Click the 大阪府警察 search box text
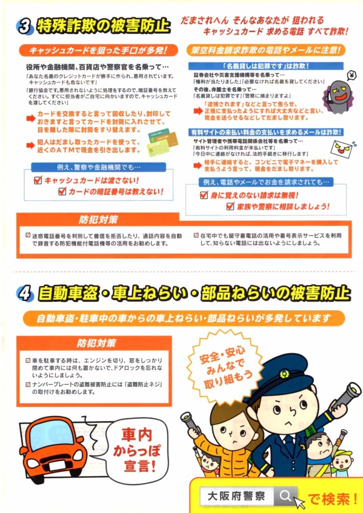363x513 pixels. [236, 496]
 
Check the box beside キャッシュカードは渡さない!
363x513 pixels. [38, 180]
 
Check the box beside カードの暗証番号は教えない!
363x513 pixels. [62, 191]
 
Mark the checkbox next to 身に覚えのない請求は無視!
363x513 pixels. [204, 195]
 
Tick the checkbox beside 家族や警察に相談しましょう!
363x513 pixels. [230, 206]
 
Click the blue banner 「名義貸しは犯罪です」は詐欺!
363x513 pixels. [266, 66]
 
